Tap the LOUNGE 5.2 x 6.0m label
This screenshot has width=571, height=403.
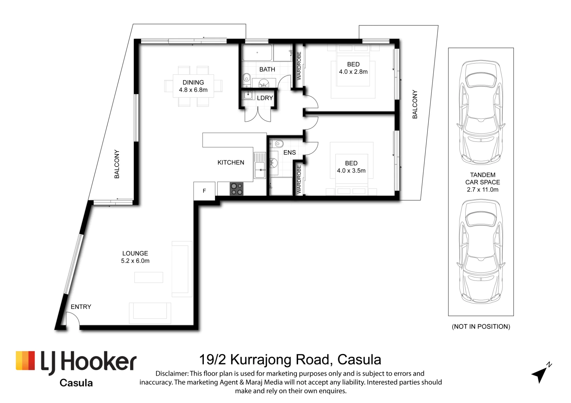tap(135, 257)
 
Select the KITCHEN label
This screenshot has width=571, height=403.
tap(231, 163)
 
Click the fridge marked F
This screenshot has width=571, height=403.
tap(204, 191)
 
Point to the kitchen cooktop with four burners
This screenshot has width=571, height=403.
tap(237, 189)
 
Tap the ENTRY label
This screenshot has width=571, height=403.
tap(81, 307)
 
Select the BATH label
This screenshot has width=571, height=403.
tap(267, 69)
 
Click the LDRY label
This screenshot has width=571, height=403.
tap(265, 98)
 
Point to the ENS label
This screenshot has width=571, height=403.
tap(289, 153)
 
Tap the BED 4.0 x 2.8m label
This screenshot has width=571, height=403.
tap(353, 68)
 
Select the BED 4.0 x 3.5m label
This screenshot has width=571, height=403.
tap(351, 167)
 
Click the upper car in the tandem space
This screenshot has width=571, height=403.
tap(481, 113)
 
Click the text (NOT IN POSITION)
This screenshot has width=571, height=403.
tap(481, 327)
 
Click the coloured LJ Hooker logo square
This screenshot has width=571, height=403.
tap(25, 361)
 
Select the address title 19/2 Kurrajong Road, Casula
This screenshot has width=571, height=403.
tap(290, 360)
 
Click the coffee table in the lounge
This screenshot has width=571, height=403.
tap(148, 277)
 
